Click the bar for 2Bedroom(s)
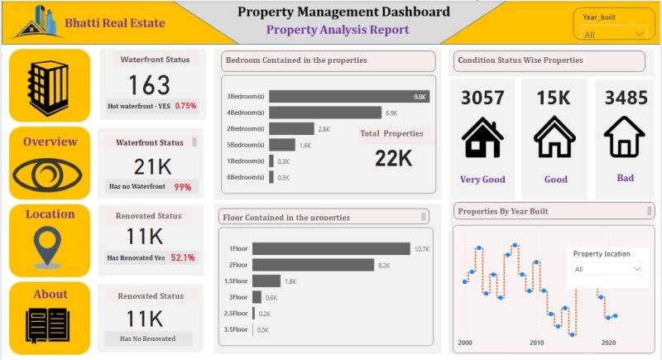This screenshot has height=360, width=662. tap(291, 128)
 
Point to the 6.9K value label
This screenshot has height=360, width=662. tap(391, 113)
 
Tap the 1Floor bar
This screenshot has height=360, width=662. tap(331, 248)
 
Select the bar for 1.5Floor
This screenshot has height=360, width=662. tap(266, 281)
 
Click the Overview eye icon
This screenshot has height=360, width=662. tap(50, 175)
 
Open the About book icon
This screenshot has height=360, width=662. tap(48, 325)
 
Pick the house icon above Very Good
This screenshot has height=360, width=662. tap(482, 137)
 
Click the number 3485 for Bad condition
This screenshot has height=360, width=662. tap(626, 98)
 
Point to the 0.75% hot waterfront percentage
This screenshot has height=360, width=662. tap(185, 106)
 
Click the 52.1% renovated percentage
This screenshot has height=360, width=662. tap(183, 257)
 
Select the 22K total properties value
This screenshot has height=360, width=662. tap(393, 158)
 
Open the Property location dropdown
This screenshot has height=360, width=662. tap(608, 269)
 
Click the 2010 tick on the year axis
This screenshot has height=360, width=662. tap(537, 343)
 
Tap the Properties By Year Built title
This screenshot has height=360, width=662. tap(503, 211)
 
